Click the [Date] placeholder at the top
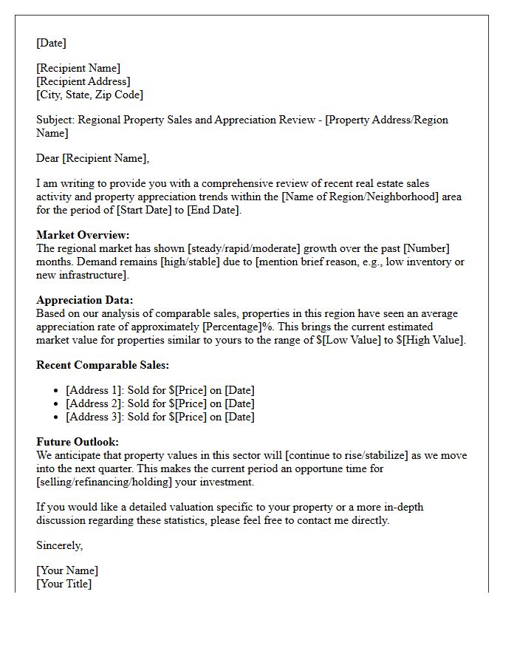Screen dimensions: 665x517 51,43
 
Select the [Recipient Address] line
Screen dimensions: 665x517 83,81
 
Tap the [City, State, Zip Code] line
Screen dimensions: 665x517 89,95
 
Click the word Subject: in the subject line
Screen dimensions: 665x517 55,120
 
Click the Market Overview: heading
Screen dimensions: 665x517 83,235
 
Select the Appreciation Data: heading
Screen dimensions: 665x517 85,300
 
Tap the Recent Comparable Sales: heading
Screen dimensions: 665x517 103,365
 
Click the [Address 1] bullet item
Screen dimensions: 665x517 94,390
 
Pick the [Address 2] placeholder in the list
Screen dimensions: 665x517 94,403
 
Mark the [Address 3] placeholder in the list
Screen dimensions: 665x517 94,417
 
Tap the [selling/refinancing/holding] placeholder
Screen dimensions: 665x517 106,482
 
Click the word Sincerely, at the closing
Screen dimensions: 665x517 60,545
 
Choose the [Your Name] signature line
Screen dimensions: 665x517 67,570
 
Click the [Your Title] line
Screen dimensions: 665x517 64,584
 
